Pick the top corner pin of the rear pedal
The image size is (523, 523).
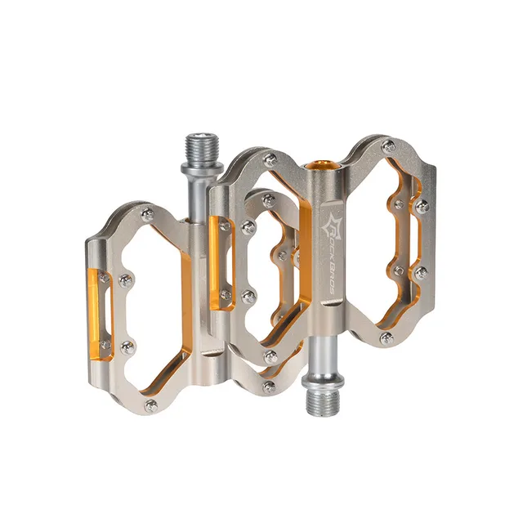(x=145, y=213)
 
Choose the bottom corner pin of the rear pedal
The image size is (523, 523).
(x=150, y=405)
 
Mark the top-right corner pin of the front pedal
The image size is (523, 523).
(x=389, y=145)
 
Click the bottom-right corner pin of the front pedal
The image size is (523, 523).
(x=386, y=337)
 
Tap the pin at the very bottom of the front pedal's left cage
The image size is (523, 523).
(x=269, y=386)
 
